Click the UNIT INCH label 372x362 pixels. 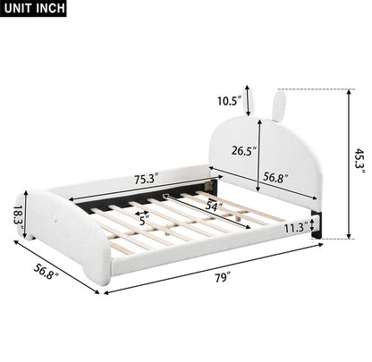34,8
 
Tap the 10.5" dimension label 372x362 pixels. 229,101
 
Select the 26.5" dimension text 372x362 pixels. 244,151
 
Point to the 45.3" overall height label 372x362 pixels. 359,163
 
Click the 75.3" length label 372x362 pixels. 146,180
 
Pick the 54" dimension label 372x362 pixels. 213,206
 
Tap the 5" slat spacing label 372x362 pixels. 144,221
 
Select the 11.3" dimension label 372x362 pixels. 296,229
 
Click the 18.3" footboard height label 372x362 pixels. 19,216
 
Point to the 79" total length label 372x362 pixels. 224,278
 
